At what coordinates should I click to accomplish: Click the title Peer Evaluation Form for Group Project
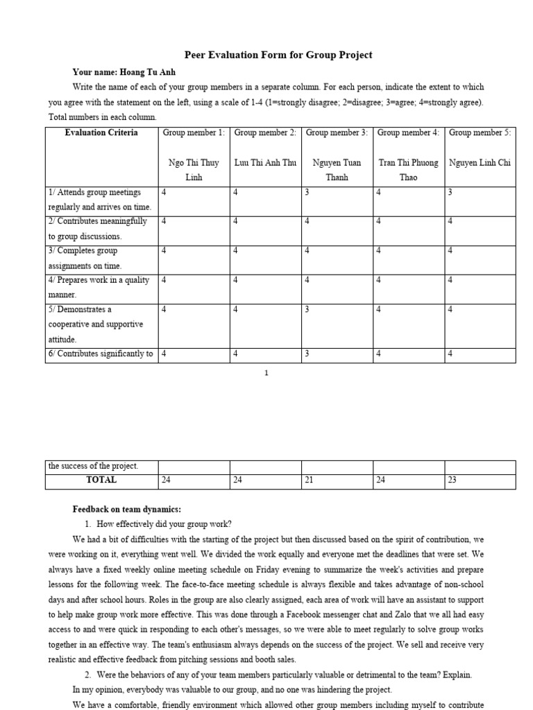(x=278, y=55)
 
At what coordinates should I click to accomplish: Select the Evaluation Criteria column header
(x=101, y=132)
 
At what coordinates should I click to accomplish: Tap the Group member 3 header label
(x=337, y=132)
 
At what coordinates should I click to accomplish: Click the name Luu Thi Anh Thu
(x=265, y=163)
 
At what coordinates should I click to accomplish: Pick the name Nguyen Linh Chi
(x=480, y=163)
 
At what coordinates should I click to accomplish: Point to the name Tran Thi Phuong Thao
(x=408, y=170)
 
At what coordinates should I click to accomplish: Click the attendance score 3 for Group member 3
(x=307, y=192)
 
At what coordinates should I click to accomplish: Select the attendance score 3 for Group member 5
(x=450, y=192)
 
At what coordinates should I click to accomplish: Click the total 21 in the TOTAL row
(x=310, y=480)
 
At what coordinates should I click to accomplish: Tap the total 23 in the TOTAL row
(x=452, y=480)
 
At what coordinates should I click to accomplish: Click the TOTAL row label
(x=101, y=480)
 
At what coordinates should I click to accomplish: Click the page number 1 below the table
(x=266, y=373)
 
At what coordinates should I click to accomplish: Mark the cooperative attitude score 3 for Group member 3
(x=307, y=310)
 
